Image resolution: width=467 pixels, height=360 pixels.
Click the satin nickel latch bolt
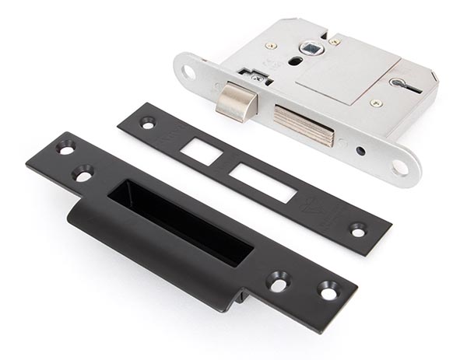tap(234, 102)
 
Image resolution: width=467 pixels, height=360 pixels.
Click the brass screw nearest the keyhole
tap(376, 103)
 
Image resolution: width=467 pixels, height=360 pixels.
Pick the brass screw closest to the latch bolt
tap(270, 46)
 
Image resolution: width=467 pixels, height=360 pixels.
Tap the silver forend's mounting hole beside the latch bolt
tap(189, 72)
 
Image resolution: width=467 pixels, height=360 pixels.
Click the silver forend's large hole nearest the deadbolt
tap(400, 166)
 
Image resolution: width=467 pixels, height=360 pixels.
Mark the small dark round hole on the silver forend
tap(360, 150)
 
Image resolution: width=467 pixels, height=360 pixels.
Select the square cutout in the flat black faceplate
tap(202, 151)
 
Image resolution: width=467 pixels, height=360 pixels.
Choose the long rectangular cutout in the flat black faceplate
tap(263, 183)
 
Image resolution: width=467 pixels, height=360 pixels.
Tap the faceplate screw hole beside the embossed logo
tap(357, 229)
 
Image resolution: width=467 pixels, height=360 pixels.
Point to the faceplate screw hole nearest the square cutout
tap(147, 122)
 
